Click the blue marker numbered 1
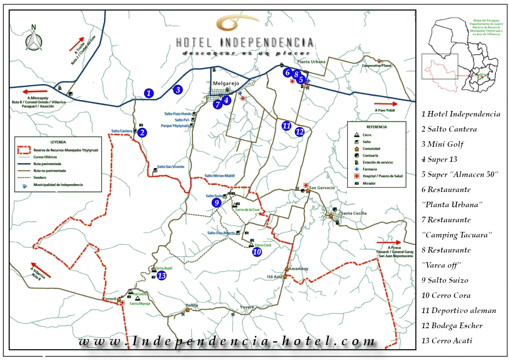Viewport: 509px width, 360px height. pos(149,93)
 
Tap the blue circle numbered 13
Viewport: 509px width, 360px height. pos(161,275)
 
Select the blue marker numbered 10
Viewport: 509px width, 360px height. pos(257,251)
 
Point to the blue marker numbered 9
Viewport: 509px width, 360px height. pos(216,203)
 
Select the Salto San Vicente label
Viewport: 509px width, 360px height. pos(171,167)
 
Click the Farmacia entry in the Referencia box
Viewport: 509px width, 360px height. pos(369,169)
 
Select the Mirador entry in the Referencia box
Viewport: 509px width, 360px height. pos(369,183)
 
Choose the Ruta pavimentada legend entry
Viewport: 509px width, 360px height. pos(50,163)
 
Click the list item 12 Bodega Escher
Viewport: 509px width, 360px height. pos(452,326)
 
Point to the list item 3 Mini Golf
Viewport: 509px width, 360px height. pos(443,144)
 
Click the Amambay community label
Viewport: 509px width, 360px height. pos(299,269)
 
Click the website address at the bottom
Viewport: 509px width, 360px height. pos(227,341)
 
